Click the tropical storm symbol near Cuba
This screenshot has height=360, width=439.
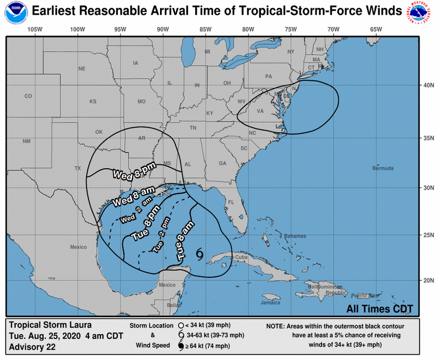(200, 252)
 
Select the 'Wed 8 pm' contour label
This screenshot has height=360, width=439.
(134, 170)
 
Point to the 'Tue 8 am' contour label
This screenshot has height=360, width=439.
(185, 240)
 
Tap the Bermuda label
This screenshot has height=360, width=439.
(382, 168)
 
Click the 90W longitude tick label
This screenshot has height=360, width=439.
(163, 29)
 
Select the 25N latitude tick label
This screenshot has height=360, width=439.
(428, 235)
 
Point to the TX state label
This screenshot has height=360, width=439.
(77, 168)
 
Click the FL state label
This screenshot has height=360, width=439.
(232, 202)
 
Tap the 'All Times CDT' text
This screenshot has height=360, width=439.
(380, 309)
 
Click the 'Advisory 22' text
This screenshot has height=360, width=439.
(32, 347)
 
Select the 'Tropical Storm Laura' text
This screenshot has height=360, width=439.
(50, 325)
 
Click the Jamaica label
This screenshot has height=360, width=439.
(271, 302)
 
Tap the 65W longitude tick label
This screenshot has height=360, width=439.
(376, 29)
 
